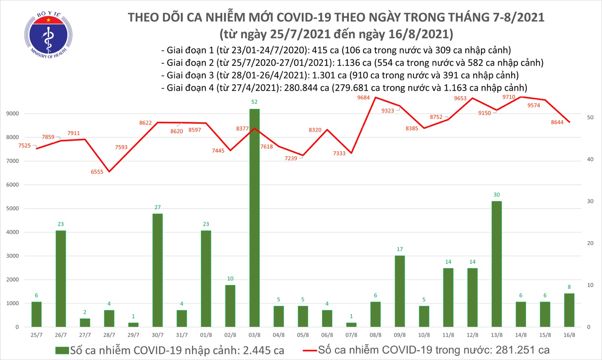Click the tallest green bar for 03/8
[x=254, y=218]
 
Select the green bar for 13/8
[x=496, y=264]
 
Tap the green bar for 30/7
[x=158, y=270]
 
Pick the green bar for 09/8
[x=400, y=291]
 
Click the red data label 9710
[x=509, y=97]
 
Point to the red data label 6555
[x=97, y=172]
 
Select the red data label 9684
[x=363, y=98]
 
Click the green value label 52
[x=254, y=102]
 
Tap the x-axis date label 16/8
[x=569, y=335]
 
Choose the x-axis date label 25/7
[x=36, y=335]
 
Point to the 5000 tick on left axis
[x=12, y=208]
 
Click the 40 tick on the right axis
[x=590, y=159]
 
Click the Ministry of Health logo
[x=48, y=35]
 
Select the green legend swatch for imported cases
[x=62, y=351]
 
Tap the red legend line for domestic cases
[x=310, y=351]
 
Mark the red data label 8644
[x=557, y=122]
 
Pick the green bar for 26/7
[x=61, y=278]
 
